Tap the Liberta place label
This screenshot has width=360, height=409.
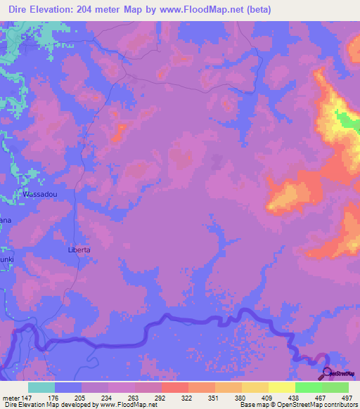point(79,249)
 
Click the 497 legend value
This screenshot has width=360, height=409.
point(347,398)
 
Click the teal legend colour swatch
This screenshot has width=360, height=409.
point(41,387)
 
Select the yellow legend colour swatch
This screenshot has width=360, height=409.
point(281,387)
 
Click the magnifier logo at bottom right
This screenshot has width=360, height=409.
point(325,372)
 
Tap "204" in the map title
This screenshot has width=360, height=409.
point(84,9)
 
